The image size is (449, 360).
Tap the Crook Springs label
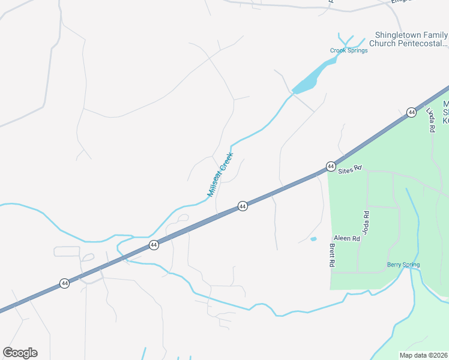point(349,50)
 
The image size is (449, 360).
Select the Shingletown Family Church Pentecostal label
point(411,39)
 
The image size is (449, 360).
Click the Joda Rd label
point(366,222)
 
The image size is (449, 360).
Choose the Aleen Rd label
point(346,238)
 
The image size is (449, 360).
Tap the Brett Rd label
point(331,255)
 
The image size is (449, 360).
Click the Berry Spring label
point(403,265)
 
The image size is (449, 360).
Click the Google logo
point(20,353)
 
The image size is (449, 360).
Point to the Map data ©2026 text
point(424,355)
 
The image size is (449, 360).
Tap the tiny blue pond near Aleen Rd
point(313,239)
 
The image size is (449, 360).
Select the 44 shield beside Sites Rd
point(330,166)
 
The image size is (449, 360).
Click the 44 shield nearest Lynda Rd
point(411,112)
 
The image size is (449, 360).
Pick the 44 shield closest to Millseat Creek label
point(243,206)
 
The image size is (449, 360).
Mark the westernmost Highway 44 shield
point(64,283)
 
